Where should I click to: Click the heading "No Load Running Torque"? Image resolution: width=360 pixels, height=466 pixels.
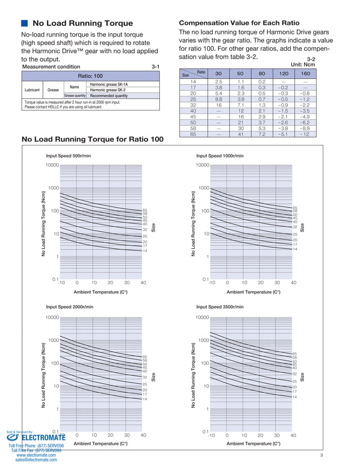pos(82,24)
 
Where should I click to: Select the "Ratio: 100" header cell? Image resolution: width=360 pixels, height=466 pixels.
pos(90,76)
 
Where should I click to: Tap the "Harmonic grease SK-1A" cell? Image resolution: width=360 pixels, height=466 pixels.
pos(113,84)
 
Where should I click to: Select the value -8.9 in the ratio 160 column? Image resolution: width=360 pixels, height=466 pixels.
pos(305,128)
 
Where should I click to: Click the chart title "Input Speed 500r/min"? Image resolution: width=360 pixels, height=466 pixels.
pos(68,156)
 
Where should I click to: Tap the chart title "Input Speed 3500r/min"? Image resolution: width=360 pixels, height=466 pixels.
pos(220,307)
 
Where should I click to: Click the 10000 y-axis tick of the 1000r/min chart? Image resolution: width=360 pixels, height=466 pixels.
pos(202,165)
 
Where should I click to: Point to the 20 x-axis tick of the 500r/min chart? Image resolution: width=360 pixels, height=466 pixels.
pos(110,283)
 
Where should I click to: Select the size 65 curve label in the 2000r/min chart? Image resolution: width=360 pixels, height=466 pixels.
pos(145,357)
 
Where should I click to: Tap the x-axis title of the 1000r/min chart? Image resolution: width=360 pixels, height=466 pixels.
pos(253,292)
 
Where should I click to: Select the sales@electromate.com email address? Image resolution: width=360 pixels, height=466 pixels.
pos(36,460)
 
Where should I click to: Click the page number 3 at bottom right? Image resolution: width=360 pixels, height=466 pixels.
pos(320,455)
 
